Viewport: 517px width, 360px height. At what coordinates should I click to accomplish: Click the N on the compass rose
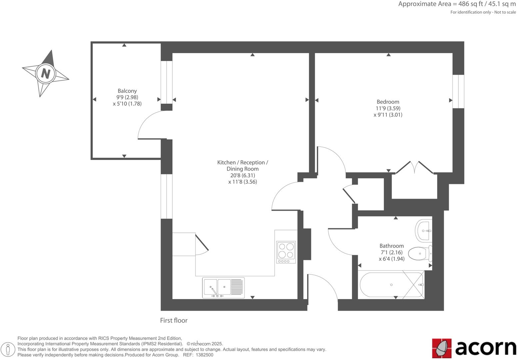pyautogui.click(x=45, y=73)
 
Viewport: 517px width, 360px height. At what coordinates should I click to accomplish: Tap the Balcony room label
pyautogui.click(x=127, y=91)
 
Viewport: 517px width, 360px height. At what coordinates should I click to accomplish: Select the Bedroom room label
pyautogui.click(x=388, y=102)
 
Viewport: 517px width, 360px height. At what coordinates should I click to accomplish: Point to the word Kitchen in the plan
pyautogui.click(x=226, y=162)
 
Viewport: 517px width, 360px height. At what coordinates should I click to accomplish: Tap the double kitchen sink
pyautogui.click(x=217, y=287)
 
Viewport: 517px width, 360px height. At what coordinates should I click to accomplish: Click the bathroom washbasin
pyautogui.click(x=424, y=230)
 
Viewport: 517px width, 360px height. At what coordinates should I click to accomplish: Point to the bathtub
pyautogui.click(x=391, y=285)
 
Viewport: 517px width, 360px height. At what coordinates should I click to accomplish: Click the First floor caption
pyautogui.click(x=174, y=320)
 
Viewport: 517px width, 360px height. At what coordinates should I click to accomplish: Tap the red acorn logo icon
pyautogui.click(x=442, y=348)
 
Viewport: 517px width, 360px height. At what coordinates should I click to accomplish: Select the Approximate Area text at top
pyautogui.click(x=457, y=4)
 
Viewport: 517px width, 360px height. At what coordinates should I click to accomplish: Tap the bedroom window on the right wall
pyautogui.click(x=458, y=91)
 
